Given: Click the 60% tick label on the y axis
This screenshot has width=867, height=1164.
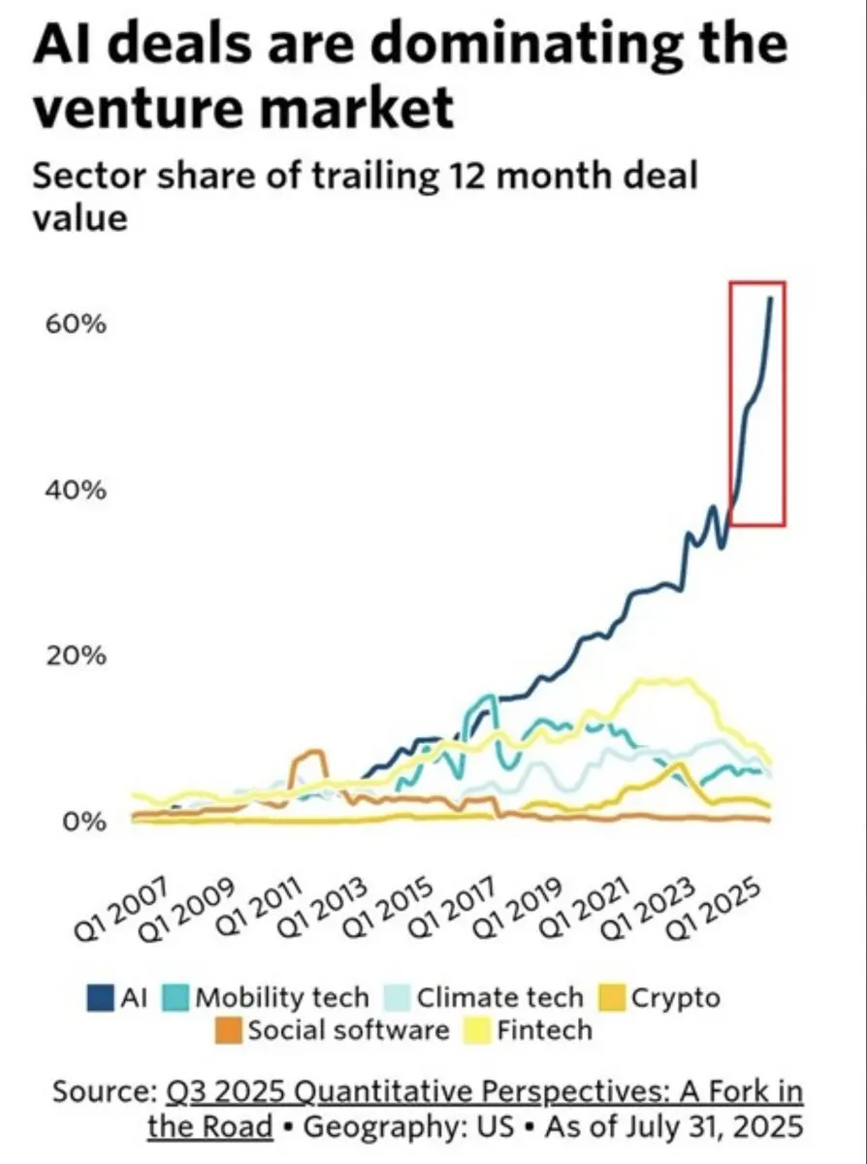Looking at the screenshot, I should (73, 323).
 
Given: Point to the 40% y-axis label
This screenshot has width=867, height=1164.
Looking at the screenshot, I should (73, 490).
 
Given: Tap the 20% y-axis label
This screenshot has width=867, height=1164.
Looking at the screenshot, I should (73, 656).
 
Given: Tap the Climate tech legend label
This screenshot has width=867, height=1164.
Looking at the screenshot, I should (500, 997).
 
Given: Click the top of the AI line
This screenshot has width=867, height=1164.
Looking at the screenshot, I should (770, 299).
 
